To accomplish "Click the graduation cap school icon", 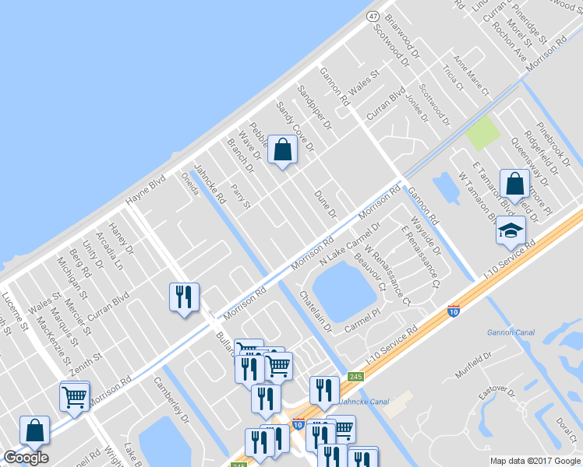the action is click(511, 230).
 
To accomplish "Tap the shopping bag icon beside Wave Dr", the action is click(282, 149).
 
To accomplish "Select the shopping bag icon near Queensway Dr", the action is click(514, 184).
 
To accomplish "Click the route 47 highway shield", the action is click(373, 16).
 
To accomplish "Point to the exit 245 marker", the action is click(356, 376).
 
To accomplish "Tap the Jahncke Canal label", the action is click(363, 402).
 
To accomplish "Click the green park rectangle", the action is click(482, 132).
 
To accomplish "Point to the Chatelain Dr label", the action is click(316, 311).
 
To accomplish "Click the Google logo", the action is click(26, 458).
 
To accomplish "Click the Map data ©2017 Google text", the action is click(535, 460).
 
